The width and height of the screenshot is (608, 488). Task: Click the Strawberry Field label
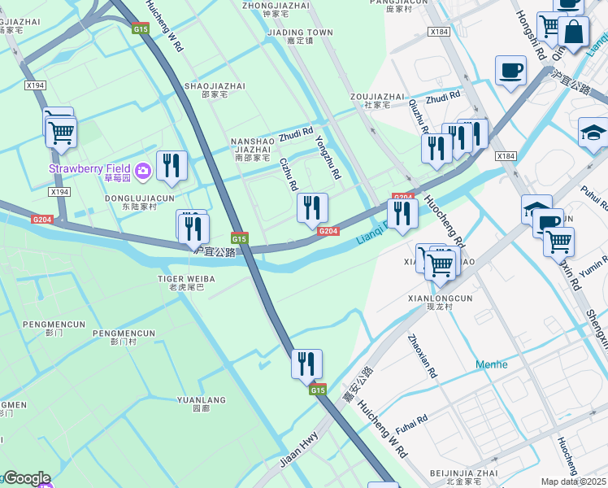(x=90, y=168)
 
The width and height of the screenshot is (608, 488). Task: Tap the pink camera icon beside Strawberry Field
(x=143, y=169)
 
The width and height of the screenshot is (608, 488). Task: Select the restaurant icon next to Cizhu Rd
(x=313, y=209)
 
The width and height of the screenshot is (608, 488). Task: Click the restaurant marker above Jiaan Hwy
(x=306, y=365)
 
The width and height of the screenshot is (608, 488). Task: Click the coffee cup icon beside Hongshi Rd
(x=510, y=71)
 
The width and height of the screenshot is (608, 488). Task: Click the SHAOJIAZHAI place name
(x=215, y=85)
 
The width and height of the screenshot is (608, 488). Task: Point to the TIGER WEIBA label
(x=186, y=279)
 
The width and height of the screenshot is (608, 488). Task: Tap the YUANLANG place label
(x=201, y=400)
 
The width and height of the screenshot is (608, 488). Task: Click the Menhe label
(x=491, y=364)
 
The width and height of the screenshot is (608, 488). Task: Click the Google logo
(x=27, y=478)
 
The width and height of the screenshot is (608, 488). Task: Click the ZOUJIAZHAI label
(x=377, y=96)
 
